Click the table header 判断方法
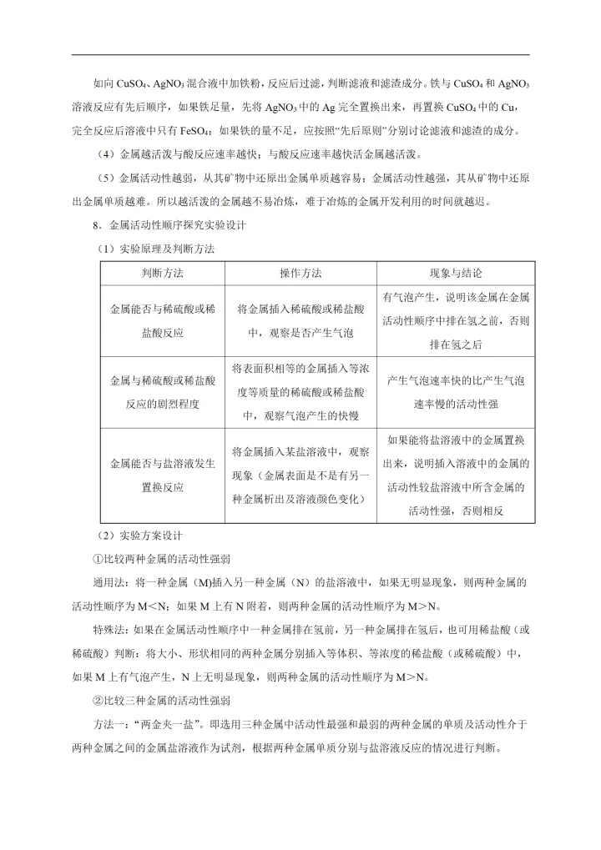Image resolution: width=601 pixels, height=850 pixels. [x=162, y=274]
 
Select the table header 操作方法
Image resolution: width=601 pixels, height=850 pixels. [x=300, y=274]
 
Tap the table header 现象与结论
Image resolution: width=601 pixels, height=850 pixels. [x=455, y=274]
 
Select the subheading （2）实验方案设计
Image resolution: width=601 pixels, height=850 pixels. [x=139, y=535]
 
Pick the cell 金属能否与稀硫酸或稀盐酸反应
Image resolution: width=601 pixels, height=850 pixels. [x=162, y=320]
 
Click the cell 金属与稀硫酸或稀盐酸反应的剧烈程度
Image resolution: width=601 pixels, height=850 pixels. [x=162, y=391]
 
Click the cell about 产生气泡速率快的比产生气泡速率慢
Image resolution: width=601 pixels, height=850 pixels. [x=456, y=391]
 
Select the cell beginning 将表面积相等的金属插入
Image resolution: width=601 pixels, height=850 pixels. [x=300, y=391]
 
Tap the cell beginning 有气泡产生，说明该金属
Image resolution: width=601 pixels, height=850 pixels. [x=456, y=320]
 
